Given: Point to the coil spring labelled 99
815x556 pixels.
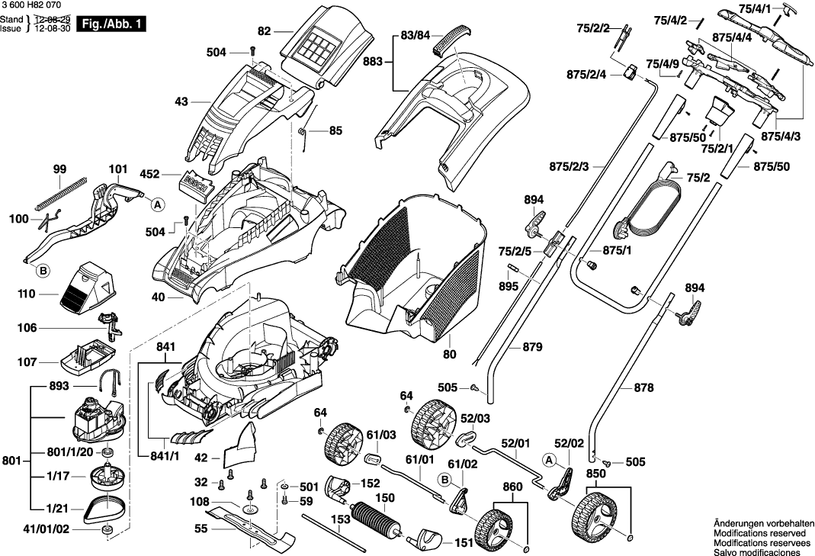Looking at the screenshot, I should tap(57, 194).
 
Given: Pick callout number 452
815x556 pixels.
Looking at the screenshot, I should tap(149, 174).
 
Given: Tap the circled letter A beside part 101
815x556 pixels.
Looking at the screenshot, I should tap(157, 204).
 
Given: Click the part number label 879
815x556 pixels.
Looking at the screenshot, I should tap(532, 347).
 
